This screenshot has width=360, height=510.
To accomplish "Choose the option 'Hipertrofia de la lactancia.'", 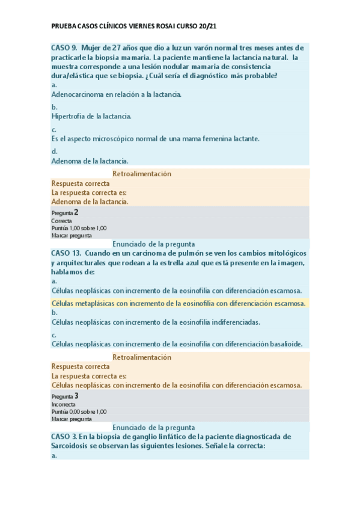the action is click(91, 116).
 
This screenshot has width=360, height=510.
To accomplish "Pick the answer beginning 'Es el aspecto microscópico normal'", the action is click(156, 138).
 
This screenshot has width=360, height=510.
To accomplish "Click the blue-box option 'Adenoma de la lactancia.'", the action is click(90, 161).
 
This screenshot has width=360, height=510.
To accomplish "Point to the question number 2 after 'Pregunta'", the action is click(76, 212).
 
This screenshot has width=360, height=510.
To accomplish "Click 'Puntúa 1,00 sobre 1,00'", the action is click(79, 228).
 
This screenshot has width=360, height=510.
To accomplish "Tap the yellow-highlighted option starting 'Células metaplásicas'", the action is click(178, 303).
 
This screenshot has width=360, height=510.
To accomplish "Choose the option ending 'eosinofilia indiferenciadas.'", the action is click(156, 322).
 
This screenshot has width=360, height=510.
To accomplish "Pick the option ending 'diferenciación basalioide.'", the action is click(177, 344).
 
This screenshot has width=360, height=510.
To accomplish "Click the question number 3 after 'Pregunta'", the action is click(76, 396).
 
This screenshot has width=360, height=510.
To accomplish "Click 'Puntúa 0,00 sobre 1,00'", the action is click(79, 411).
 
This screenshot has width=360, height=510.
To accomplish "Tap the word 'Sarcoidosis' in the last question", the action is click(74, 446).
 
